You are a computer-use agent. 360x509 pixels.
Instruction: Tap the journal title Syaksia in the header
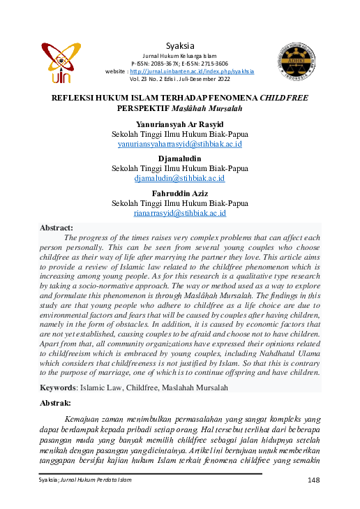[x=180, y=45]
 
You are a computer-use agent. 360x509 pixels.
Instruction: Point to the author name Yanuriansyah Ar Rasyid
[x=180, y=124]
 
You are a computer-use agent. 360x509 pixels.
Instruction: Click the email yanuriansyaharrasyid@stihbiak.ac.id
[x=180, y=144]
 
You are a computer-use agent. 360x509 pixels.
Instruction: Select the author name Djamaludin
[x=180, y=158]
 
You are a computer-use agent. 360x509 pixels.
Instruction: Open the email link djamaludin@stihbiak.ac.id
[x=180, y=178]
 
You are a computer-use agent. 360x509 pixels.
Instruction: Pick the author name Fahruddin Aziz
[x=180, y=193]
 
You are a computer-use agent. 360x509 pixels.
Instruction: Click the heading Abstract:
[x=57, y=228]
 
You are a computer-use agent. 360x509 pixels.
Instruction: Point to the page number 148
[x=313, y=480]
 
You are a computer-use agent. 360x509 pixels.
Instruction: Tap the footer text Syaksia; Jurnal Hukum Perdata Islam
[x=84, y=480]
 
